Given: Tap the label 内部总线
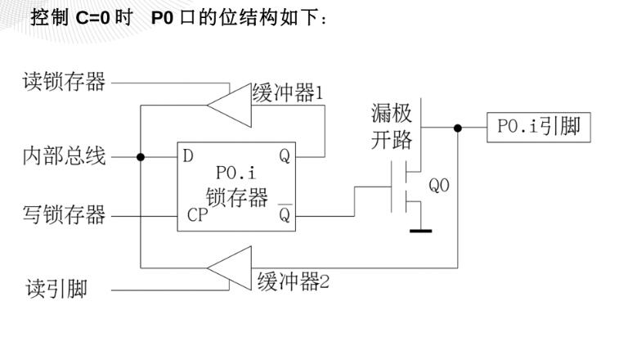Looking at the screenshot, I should click(64, 156).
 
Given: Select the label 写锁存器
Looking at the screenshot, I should click(64, 216).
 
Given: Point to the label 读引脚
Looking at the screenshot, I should click(56, 289).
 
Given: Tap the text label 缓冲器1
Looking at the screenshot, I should click(288, 93).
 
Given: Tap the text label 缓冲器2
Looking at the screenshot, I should click(294, 282).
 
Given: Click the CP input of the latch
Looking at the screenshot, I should click(196, 217).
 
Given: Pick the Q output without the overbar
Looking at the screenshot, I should click(284, 156).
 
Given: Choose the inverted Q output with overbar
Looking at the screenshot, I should click(284, 215).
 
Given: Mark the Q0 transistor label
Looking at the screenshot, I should click(439, 186).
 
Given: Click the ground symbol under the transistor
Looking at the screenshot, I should click(420, 231).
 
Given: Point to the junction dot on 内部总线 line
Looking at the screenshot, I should click(141, 157).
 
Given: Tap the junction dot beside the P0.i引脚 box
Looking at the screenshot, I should click(457, 128).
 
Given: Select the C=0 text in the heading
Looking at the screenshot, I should click(98, 16).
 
